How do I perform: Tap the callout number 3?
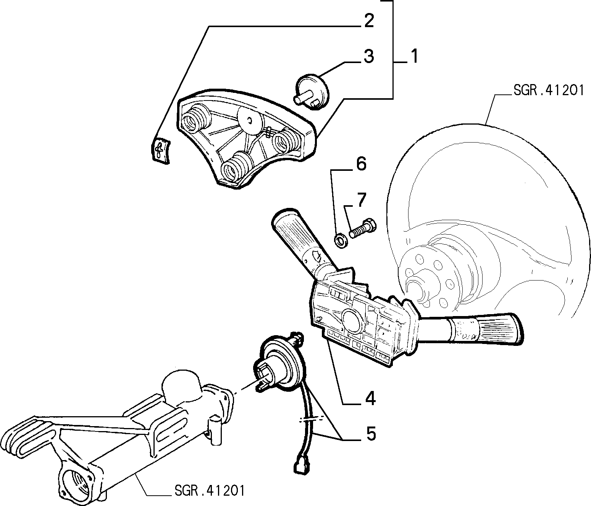[x=369, y=56]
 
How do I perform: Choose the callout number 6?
[x=361, y=164]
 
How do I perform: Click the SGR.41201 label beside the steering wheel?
[x=549, y=91]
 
